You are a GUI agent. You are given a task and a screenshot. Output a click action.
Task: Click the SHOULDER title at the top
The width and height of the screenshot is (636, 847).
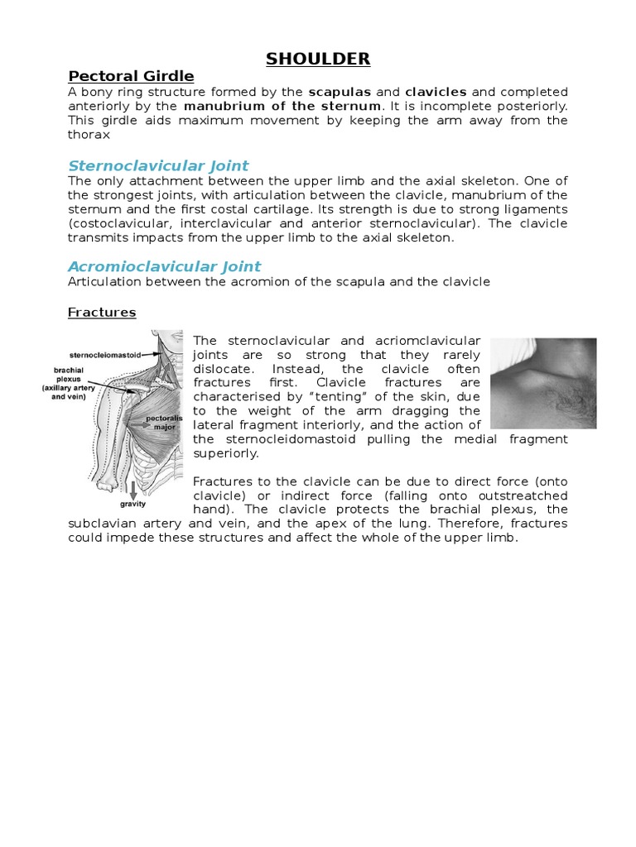[x=318, y=58]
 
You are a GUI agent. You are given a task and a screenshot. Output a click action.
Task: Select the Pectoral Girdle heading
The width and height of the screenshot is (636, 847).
[x=130, y=76]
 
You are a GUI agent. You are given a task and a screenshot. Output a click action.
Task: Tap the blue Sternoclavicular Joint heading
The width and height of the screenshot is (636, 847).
[x=158, y=165]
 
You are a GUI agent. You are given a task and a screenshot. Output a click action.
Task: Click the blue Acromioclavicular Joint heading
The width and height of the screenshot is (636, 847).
[x=164, y=266]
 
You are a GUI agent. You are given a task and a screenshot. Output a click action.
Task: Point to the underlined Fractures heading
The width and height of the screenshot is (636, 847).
[x=102, y=313]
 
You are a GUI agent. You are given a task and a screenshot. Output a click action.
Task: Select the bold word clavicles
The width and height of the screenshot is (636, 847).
[x=436, y=91]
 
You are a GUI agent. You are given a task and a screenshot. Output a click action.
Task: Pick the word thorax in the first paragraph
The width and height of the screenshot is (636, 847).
[x=89, y=135]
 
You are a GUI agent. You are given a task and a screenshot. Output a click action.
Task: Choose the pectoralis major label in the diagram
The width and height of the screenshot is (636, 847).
[x=163, y=423]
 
